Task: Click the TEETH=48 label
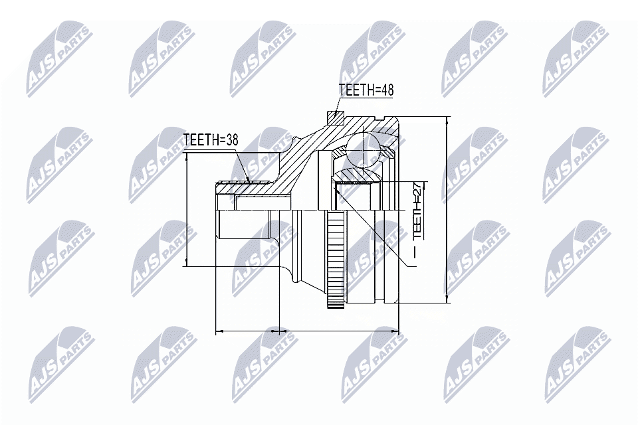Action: [x=365, y=91]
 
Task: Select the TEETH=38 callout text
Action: [x=210, y=140]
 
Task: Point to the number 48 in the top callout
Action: [x=385, y=91]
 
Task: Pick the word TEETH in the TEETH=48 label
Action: [x=355, y=91]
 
